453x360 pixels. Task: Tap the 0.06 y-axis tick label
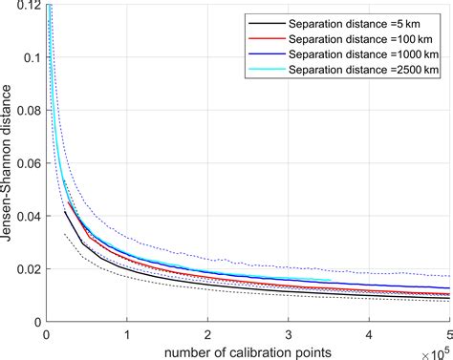(x=29, y=163)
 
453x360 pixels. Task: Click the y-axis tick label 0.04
(x=29, y=216)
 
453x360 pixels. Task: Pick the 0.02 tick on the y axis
(x=29, y=268)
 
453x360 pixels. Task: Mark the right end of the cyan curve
(x=331, y=281)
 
